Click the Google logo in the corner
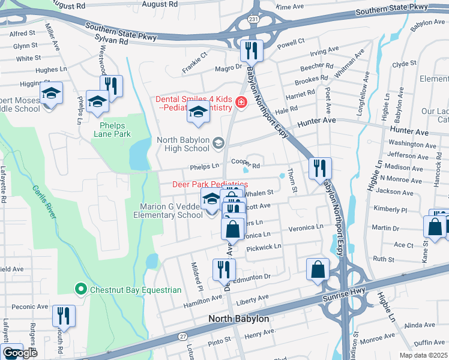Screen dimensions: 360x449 [x=20, y=353]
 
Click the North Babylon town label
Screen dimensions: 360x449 [x=238, y=319]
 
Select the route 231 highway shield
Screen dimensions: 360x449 [x=254, y=19]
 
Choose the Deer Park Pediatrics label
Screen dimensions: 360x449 [x=210, y=184]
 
